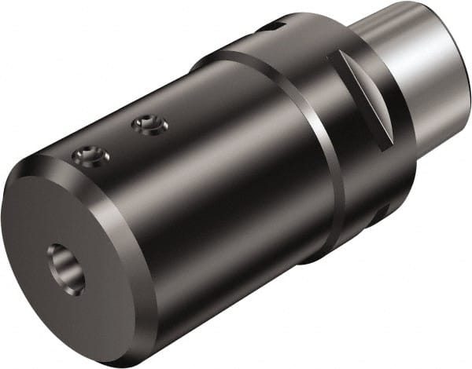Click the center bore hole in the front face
(65, 268)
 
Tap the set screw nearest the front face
(90, 159)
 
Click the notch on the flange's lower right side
(383, 212)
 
